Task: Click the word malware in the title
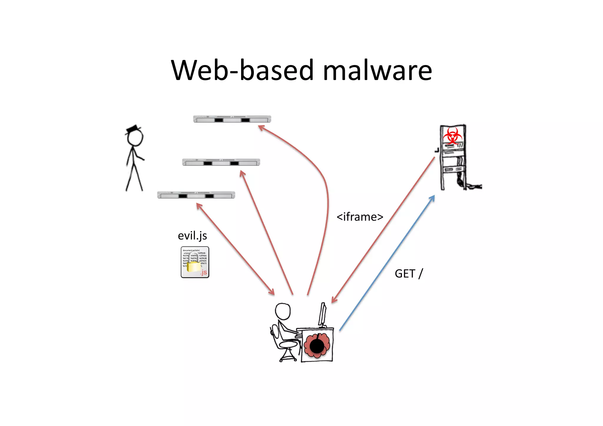tap(377, 71)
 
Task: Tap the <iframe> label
tap(360, 217)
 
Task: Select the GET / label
tap(409, 274)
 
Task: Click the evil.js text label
tap(192, 236)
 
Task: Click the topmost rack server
tap(232, 119)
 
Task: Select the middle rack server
tap(221, 162)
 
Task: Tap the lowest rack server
tap(196, 195)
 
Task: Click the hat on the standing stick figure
tap(133, 129)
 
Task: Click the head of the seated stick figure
tap(283, 311)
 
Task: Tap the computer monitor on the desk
tap(322, 314)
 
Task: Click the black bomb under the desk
tap(317, 346)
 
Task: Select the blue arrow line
tap(387, 263)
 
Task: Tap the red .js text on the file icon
tap(204, 272)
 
